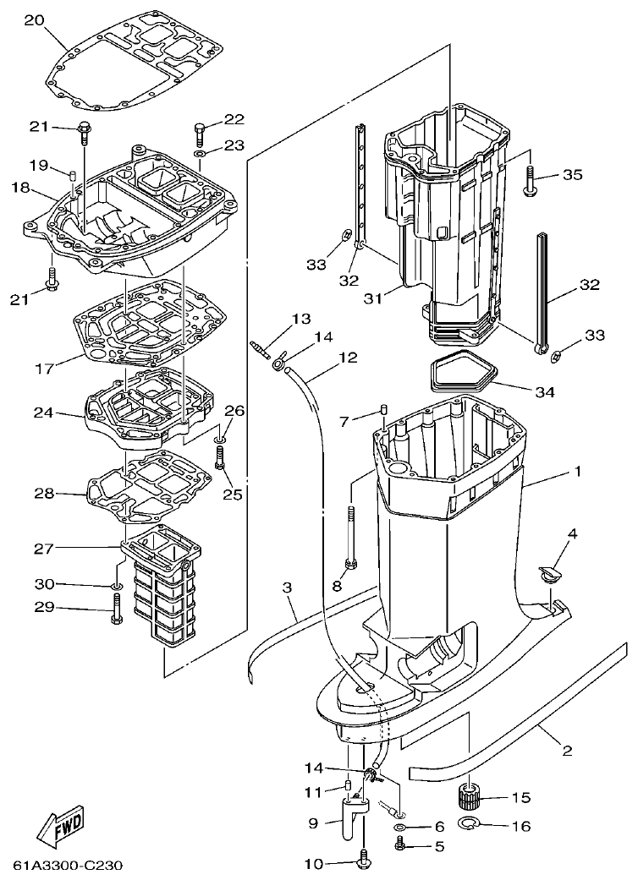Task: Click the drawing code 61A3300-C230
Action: click(x=68, y=866)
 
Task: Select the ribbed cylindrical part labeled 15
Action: click(x=470, y=795)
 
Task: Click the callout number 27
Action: click(x=44, y=549)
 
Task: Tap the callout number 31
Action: click(x=375, y=298)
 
